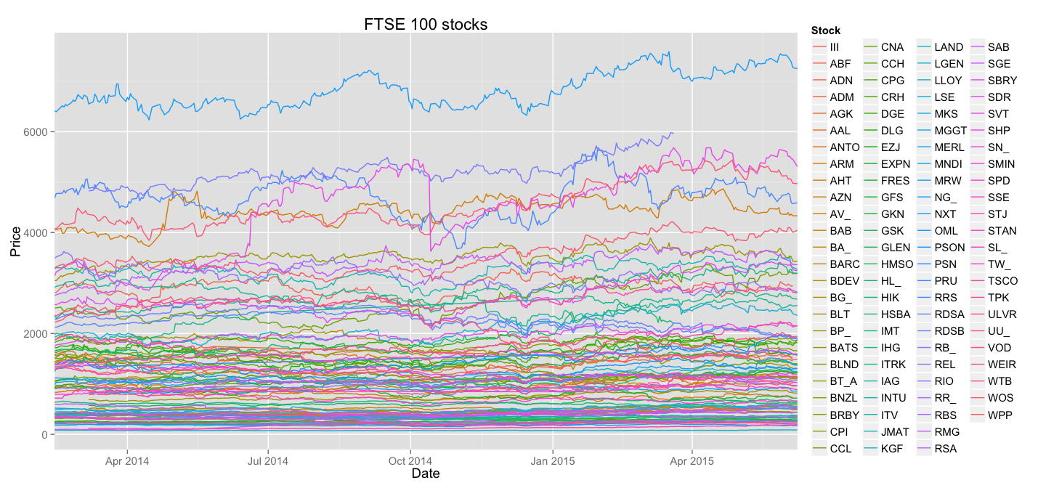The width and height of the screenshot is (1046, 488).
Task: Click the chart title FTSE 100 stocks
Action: click(x=426, y=25)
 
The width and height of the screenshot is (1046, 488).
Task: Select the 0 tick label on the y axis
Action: click(x=46, y=435)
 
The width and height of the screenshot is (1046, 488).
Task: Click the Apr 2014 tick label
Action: click(x=127, y=460)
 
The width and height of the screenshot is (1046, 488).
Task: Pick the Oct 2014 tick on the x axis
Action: click(x=410, y=460)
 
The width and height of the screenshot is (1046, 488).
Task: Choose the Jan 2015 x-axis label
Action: click(x=552, y=460)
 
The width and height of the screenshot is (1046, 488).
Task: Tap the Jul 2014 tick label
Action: click(x=268, y=460)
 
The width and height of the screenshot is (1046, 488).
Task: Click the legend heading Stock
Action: click(x=825, y=30)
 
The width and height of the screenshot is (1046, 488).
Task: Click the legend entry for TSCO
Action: click(x=1002, y=281)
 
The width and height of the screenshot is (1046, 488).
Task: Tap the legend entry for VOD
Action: click(x=1000, y=348)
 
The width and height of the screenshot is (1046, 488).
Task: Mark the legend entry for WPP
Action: click(x=1000, y=415)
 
